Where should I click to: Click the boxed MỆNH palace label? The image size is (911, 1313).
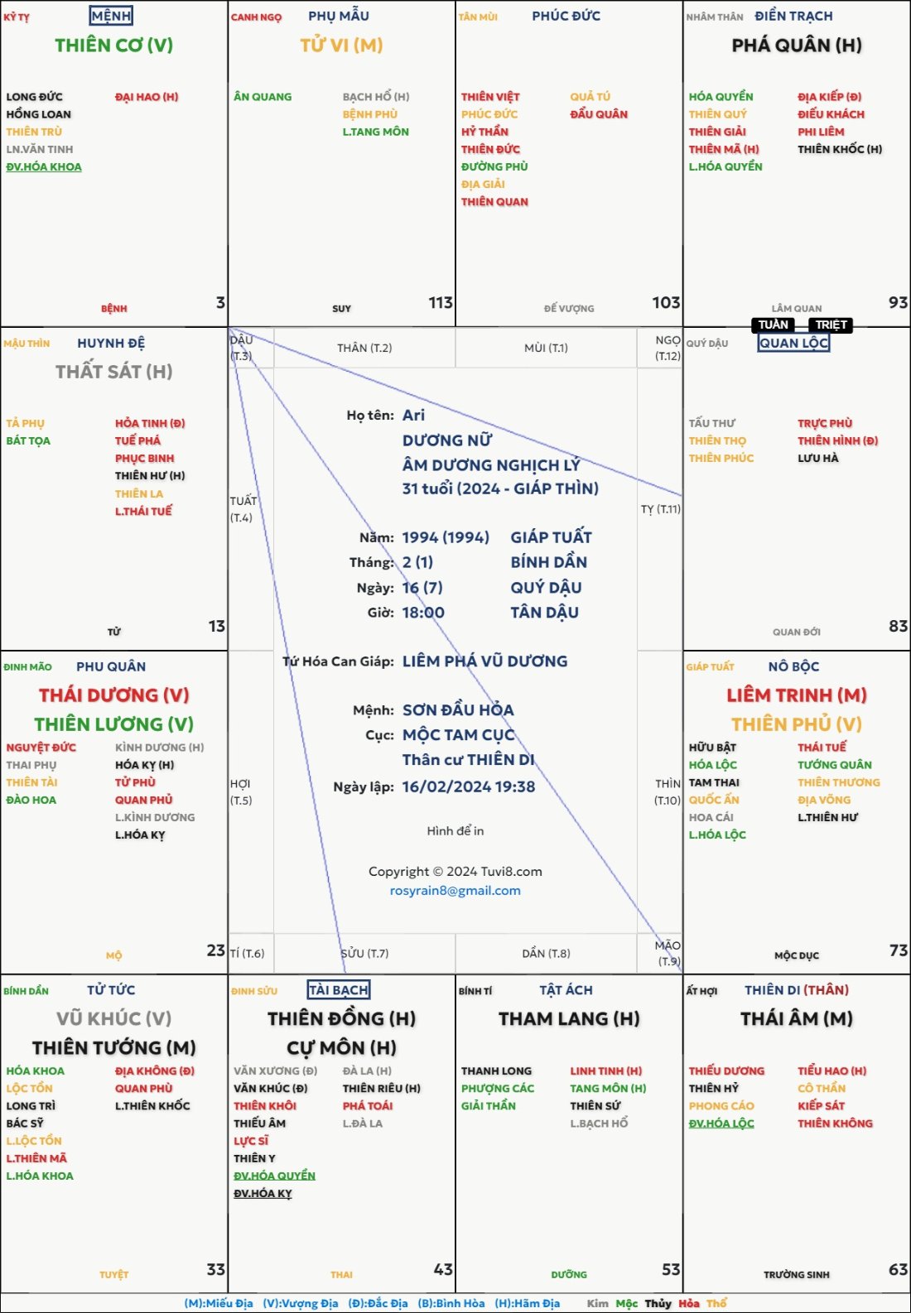click(111, 16)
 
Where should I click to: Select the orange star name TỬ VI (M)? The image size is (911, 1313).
click(341, 46)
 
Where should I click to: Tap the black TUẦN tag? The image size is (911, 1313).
click(774, 325)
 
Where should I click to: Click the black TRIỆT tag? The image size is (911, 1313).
click(831, 325)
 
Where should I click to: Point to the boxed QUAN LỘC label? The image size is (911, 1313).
click(793, 343)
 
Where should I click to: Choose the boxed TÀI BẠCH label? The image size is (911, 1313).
click(338, 990)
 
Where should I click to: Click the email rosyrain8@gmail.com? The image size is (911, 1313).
click(455, 891)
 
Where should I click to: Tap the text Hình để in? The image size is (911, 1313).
click(455, 830)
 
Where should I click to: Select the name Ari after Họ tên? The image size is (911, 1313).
click(413, 415)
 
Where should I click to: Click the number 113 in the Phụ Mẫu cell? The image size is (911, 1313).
click(441, 303)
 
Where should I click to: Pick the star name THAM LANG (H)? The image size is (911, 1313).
click(569, 1019)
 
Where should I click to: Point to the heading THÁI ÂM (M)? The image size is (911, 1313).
click(796, 1019)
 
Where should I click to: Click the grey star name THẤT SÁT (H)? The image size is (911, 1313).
click(114, 372)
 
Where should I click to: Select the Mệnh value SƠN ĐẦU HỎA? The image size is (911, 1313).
click(458, 709)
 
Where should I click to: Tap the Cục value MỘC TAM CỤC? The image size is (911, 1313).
click(458, 735)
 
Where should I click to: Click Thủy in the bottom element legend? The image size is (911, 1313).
click(658, 1303)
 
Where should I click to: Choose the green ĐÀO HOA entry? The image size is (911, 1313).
click(31, 800)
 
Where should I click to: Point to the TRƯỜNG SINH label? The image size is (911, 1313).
click(796, 1275)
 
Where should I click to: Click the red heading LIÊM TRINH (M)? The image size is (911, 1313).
click(796, 695)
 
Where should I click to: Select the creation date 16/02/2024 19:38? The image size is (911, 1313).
click(469, 786)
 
